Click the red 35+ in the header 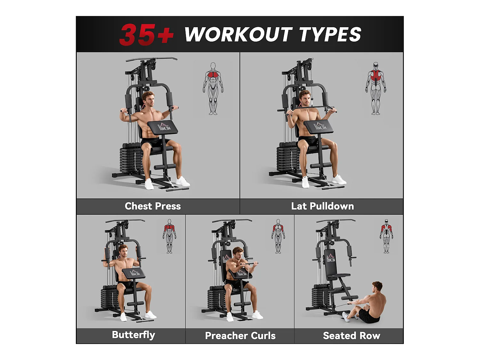click(x=146, y=34)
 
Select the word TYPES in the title click(x=330, y=34)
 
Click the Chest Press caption click(x=153, y=206)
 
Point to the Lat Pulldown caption click(x=322, y=206)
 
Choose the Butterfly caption click(x=133, y=335)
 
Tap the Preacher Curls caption click(x=240, y=336)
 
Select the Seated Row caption click(x=351, y=336)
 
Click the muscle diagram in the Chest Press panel click(x=213, y=89)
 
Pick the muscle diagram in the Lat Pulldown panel click(x=376, y=88)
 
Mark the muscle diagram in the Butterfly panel click(x=169, y=236)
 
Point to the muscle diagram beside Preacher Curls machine click(x=278, y=236)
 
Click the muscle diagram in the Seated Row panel click(x=387, y=236)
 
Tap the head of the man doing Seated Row click(x=378, y=287)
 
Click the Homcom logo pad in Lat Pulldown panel click(x=319, y=127)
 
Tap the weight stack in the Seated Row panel click(x=320, y=296)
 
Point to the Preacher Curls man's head click(x=238, y=253)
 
